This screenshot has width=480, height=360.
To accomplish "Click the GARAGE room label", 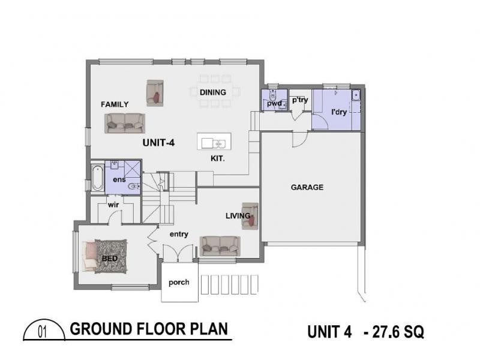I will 307,187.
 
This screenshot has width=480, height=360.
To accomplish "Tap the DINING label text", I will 213,92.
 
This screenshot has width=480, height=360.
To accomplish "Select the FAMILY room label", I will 115,104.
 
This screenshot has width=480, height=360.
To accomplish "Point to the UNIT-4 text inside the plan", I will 159,143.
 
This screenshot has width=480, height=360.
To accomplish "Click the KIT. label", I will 218,159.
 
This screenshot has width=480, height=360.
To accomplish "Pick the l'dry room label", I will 339,112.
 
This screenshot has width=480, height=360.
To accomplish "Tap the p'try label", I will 299,100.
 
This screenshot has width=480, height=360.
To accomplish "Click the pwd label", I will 274,104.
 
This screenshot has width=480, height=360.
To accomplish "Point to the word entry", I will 179,234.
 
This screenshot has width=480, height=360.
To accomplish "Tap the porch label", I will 179,282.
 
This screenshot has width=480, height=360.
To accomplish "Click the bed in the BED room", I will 106,257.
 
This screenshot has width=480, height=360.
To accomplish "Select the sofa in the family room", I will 125,123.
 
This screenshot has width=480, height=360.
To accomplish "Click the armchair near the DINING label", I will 155,93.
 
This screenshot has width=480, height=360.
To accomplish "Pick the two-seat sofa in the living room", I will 220,245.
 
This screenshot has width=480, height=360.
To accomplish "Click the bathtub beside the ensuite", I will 97,177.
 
